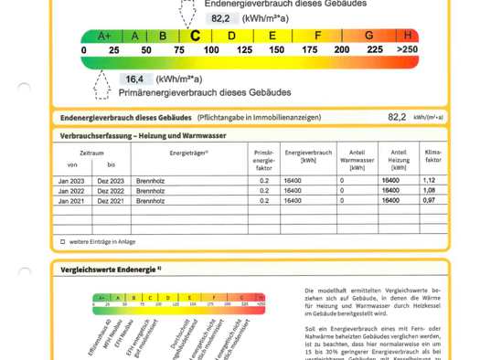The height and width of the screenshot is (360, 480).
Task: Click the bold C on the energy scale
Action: pyautogui.click(x=195, y=36)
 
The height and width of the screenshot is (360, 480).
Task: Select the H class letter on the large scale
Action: pyautogui.click(x=407, y=36)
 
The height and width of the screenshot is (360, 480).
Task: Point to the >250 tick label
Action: pyautogui.click(x=407, y=49)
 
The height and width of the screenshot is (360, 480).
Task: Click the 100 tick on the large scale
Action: pyautogui.click(x=210, y=49)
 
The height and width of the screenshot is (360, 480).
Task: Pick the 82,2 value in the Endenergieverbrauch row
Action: pyautogui.click(x=396, y=118)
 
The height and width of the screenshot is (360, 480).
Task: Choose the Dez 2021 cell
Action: pyautogui.click(x=112, y=200)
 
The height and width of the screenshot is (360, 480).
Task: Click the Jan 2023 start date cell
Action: pyautogui.click(x=71, y=181)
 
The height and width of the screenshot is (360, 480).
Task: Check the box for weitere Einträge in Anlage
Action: pyautogui.click(x=63, y=242)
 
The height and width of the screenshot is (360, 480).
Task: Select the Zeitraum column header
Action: pyautogui.click(x=91, y=154)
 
